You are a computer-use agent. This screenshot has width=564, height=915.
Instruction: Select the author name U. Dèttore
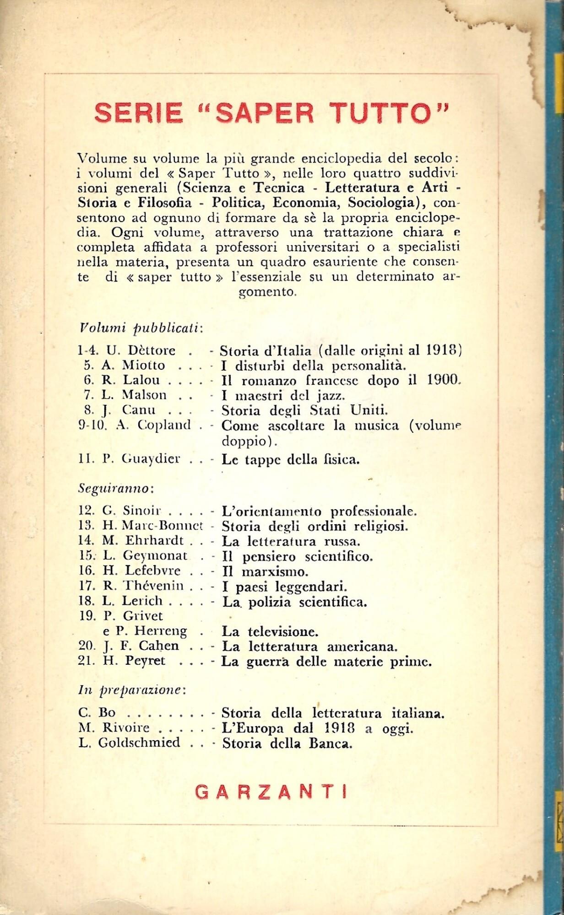coord(141,350)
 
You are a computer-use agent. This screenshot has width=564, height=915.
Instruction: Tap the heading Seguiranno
coord(115,489)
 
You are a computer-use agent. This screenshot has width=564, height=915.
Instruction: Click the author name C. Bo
coord(94,713)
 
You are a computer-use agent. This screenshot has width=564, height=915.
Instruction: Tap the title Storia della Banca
coord(287,743)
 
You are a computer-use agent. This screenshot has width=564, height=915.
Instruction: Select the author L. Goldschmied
coord(130,743)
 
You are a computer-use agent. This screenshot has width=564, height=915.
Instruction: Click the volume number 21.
coord(86,661)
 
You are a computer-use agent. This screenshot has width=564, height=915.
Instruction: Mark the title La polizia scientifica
coord(294,602)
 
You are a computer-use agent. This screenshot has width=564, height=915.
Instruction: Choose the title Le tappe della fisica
coord(291,459)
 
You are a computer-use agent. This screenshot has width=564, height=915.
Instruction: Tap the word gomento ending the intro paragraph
coord(268,292)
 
